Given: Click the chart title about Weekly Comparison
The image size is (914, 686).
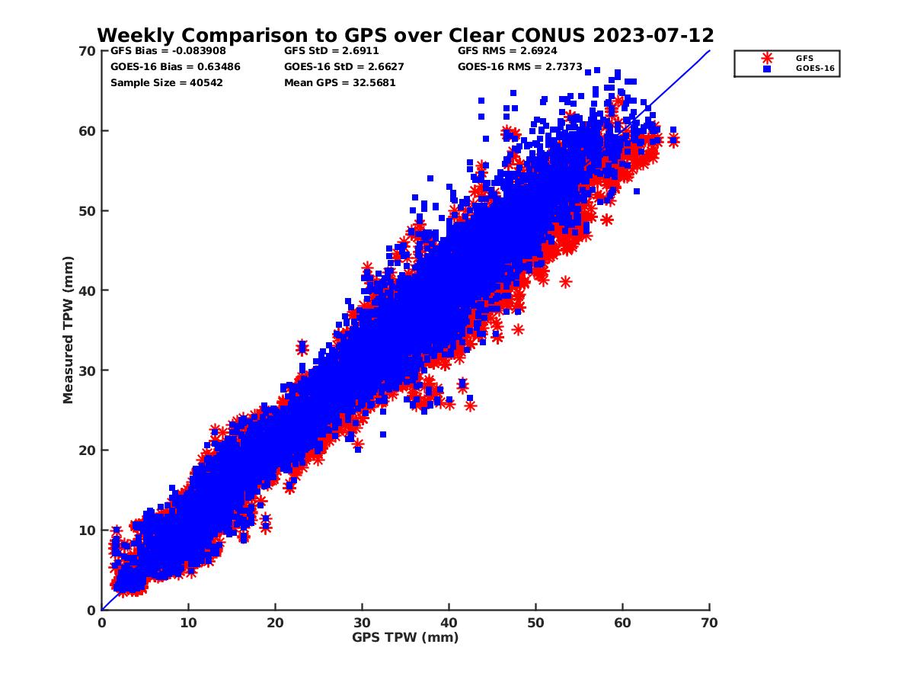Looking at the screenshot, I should pos(405,35).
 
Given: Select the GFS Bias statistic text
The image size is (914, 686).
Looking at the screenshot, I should pos(168,51).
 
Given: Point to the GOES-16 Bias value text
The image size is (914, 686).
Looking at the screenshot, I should pos(175,66).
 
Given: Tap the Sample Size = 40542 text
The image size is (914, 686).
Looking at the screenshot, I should pos(166,82).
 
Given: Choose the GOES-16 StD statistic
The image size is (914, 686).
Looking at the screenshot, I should pos(344,66).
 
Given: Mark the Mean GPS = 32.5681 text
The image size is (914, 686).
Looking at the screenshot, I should pos(340,82).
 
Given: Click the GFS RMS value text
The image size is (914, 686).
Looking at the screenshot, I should pos(507,51).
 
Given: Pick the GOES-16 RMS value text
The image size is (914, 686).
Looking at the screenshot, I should pos(520,66).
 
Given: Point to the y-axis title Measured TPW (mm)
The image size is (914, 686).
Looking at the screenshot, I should pos(69,330).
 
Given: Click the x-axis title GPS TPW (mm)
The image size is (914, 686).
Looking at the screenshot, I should pos(405,637).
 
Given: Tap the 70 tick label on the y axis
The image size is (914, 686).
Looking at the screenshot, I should pos(86,51).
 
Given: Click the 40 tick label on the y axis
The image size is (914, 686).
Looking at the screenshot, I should pos(86,290).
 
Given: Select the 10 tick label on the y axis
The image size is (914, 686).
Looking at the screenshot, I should pos(86,530).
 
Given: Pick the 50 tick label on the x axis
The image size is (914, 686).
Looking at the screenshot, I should pos(535,623).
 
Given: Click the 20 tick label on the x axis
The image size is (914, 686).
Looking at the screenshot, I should pos(275,623).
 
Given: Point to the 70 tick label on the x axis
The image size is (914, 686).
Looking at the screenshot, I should pos(709,623).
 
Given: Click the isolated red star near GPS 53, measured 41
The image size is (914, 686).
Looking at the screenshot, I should pos(565,281).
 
